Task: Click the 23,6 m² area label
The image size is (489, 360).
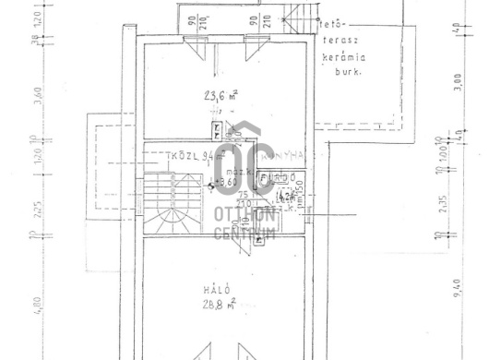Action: [221, 93]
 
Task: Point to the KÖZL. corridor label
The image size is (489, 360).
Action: [185, 155]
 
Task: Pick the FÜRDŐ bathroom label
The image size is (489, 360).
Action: [279, 177]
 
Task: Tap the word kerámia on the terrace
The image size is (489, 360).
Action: [342, 56]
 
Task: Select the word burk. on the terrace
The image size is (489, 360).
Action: [346, 70]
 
